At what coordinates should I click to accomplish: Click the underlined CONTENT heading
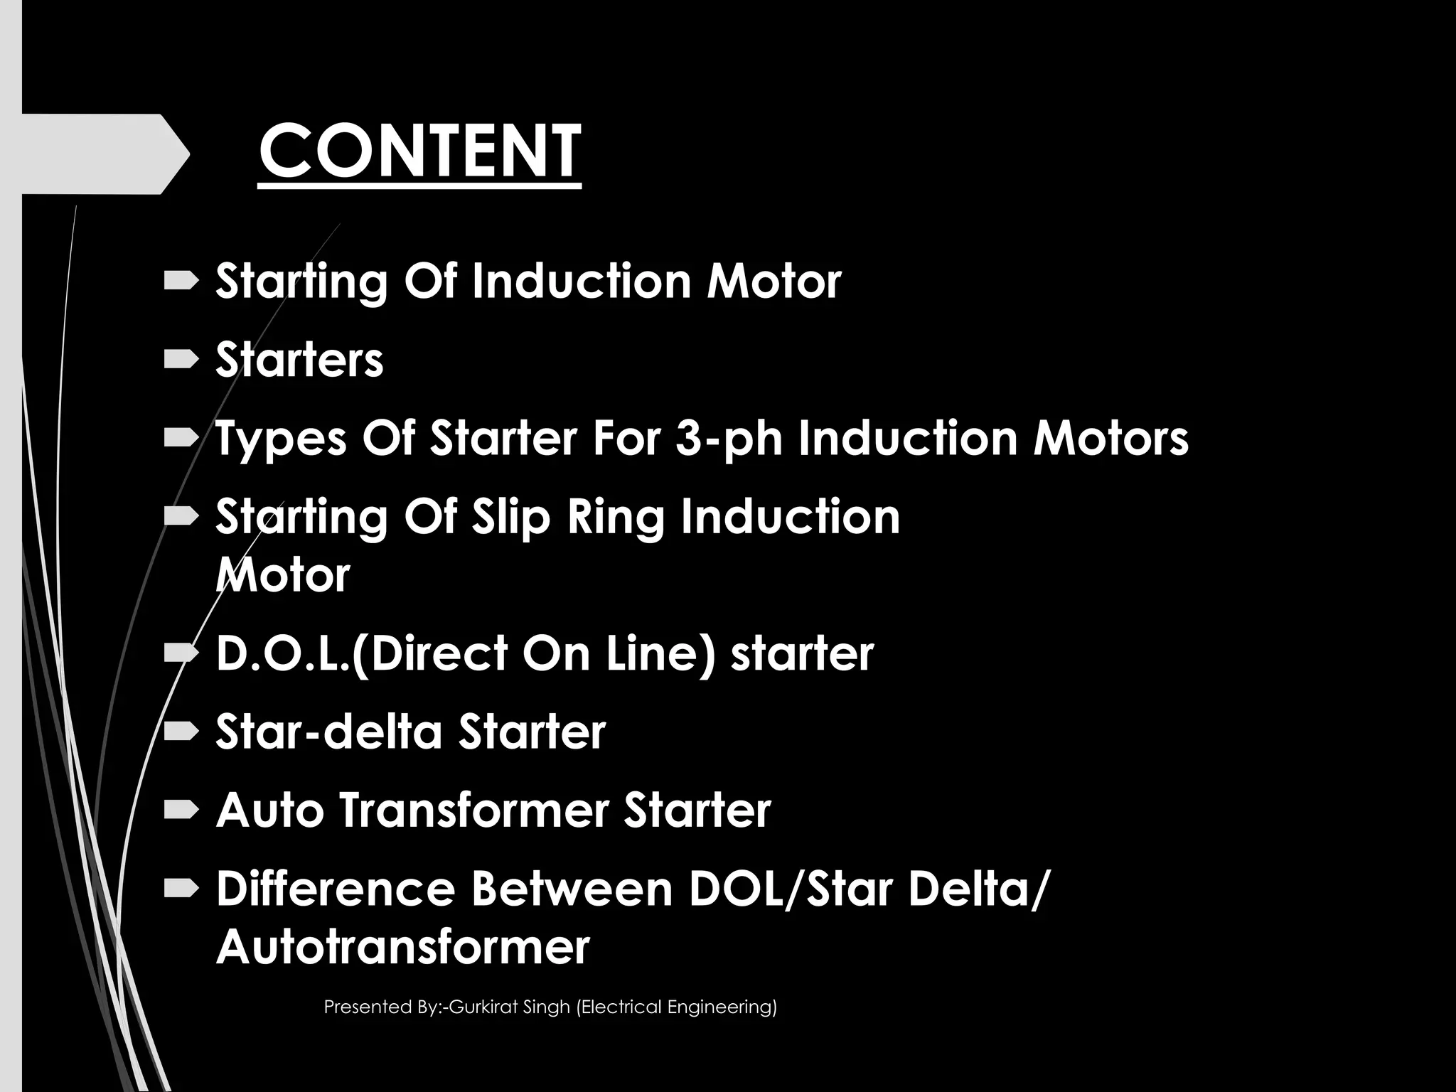coord(419,151)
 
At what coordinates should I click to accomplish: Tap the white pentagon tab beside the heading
coord(100,154)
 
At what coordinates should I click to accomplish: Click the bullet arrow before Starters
coord(181,361)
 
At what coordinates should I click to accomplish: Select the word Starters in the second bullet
coord(299,360)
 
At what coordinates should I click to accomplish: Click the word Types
coord(282,439)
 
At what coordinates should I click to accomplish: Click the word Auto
coord(269,810)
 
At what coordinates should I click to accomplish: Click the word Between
coord(572,889)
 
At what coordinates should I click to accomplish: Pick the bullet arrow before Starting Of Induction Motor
coord(181,282)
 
